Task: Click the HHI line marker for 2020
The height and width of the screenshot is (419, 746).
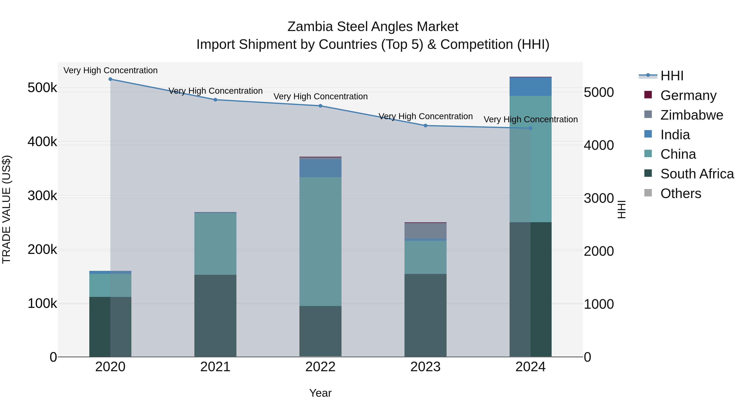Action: pos(110,79)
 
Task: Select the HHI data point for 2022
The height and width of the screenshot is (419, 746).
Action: pos(320,106)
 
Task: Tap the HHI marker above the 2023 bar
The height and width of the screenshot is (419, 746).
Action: pos(425,126)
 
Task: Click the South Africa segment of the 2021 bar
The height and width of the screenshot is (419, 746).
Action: pos(215,315)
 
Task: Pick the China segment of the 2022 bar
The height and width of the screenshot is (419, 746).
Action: pos(320,241)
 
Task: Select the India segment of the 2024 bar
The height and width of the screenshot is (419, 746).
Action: pos(530,87)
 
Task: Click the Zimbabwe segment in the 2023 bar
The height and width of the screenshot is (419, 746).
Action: pos(425,231)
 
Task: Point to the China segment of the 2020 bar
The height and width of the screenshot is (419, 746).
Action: pos(110,285)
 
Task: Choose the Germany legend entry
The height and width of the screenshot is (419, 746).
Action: pos(688,95)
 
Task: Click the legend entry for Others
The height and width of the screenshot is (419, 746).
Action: pos(681,193)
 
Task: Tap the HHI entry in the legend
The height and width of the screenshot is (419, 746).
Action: pos(672,76)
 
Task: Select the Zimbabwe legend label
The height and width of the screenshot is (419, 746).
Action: pos(692,115)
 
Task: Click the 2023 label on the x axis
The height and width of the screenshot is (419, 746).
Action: pos(425,367)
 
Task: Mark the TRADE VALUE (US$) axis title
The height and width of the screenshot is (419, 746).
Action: pos(6,209)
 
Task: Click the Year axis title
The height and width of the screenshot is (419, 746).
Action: pos(320,393)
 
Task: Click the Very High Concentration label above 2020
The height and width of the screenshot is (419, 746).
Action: pos(110,70)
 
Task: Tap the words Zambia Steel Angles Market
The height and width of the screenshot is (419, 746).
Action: pos(373,27)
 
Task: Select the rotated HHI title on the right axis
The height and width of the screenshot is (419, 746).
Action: pos(622,209)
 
